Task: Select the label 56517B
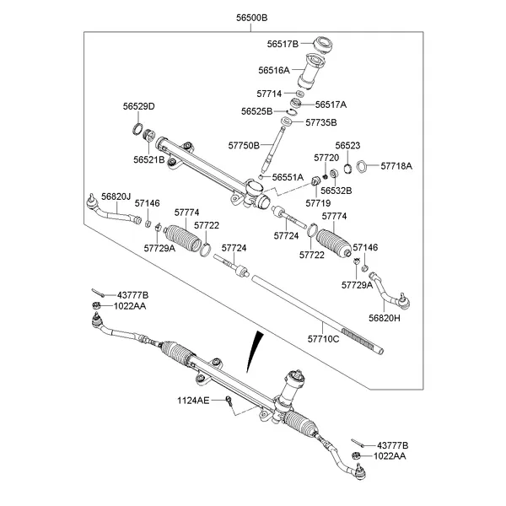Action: [x=283, y=44]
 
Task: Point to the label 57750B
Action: [x=244, y=146]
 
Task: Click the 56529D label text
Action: [x=140, y=106]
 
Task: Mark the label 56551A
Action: [x=288, y=177]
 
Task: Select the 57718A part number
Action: [x=396, y=166]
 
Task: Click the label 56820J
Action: [x=116, y=196]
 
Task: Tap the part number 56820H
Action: [x=384, y=318]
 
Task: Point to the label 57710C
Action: [x=323, y=339]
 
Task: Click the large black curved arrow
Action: [x=253, y=354]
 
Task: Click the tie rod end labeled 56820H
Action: [x=390, y=291]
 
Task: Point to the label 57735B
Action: [x=318, y=122]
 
